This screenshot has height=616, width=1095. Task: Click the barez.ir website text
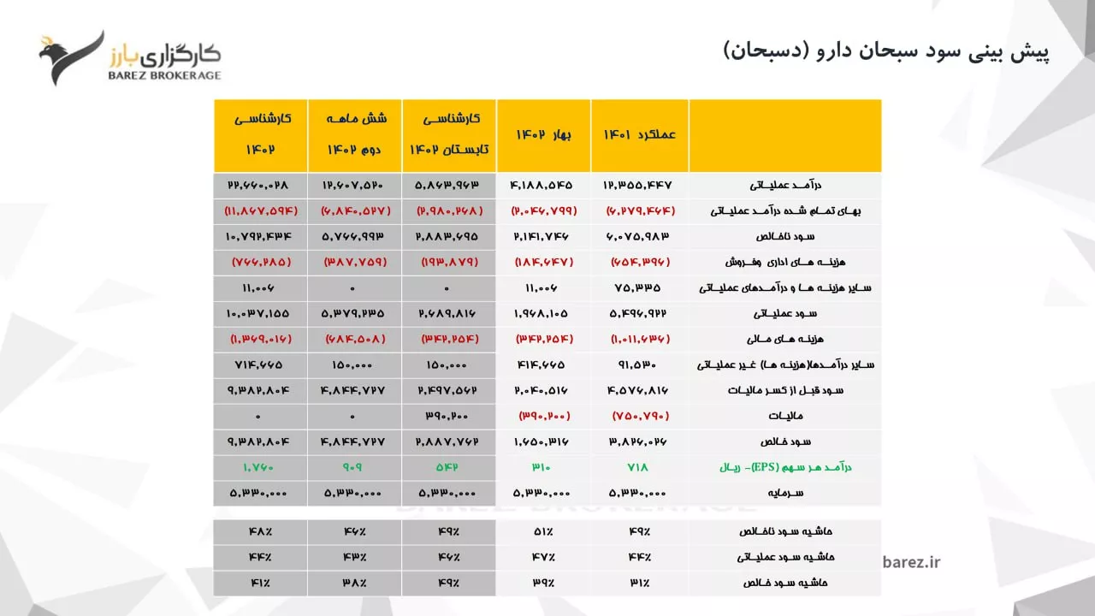911,562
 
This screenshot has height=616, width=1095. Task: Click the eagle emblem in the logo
71,57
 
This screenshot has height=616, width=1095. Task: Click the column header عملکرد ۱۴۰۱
639,134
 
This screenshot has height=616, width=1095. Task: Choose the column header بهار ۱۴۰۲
543,134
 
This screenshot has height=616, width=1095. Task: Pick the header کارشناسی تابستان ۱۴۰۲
449,133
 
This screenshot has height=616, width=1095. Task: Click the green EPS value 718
637,467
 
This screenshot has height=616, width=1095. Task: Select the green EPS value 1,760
258,467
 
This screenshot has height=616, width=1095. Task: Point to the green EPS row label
785,467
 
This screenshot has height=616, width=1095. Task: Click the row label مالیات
785,416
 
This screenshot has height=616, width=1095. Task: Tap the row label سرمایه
785,493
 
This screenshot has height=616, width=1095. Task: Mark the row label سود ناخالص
785,237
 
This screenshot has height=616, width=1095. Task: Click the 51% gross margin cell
543,531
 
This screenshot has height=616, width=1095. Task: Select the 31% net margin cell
639,583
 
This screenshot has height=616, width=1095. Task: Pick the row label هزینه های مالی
785,339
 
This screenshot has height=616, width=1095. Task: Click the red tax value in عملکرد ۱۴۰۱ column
641,416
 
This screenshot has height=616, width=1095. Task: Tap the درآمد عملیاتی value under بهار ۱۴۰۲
541,186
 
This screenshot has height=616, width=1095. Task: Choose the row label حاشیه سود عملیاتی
785,557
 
